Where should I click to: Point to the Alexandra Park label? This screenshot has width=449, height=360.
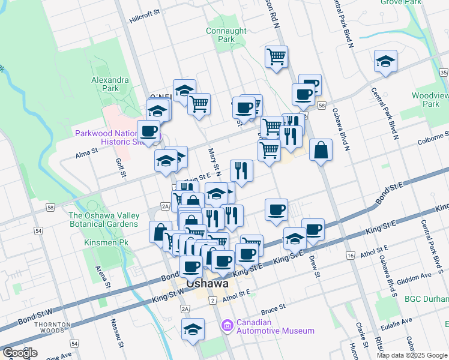110,84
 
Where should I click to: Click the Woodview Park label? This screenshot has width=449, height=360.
429,100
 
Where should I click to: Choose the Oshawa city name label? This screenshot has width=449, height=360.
207,284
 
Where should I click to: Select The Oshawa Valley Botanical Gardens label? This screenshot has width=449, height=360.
104,220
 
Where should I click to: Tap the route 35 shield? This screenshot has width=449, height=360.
444,72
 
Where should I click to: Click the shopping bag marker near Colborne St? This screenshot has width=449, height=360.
321,150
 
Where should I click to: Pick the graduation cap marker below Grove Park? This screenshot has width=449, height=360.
385,61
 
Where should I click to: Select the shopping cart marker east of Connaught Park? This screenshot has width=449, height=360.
276,57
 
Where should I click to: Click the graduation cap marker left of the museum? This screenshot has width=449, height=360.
193,329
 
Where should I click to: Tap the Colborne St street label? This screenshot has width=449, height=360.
433,142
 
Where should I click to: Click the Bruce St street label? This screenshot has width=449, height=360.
273,309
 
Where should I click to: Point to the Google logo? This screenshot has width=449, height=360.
19,353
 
